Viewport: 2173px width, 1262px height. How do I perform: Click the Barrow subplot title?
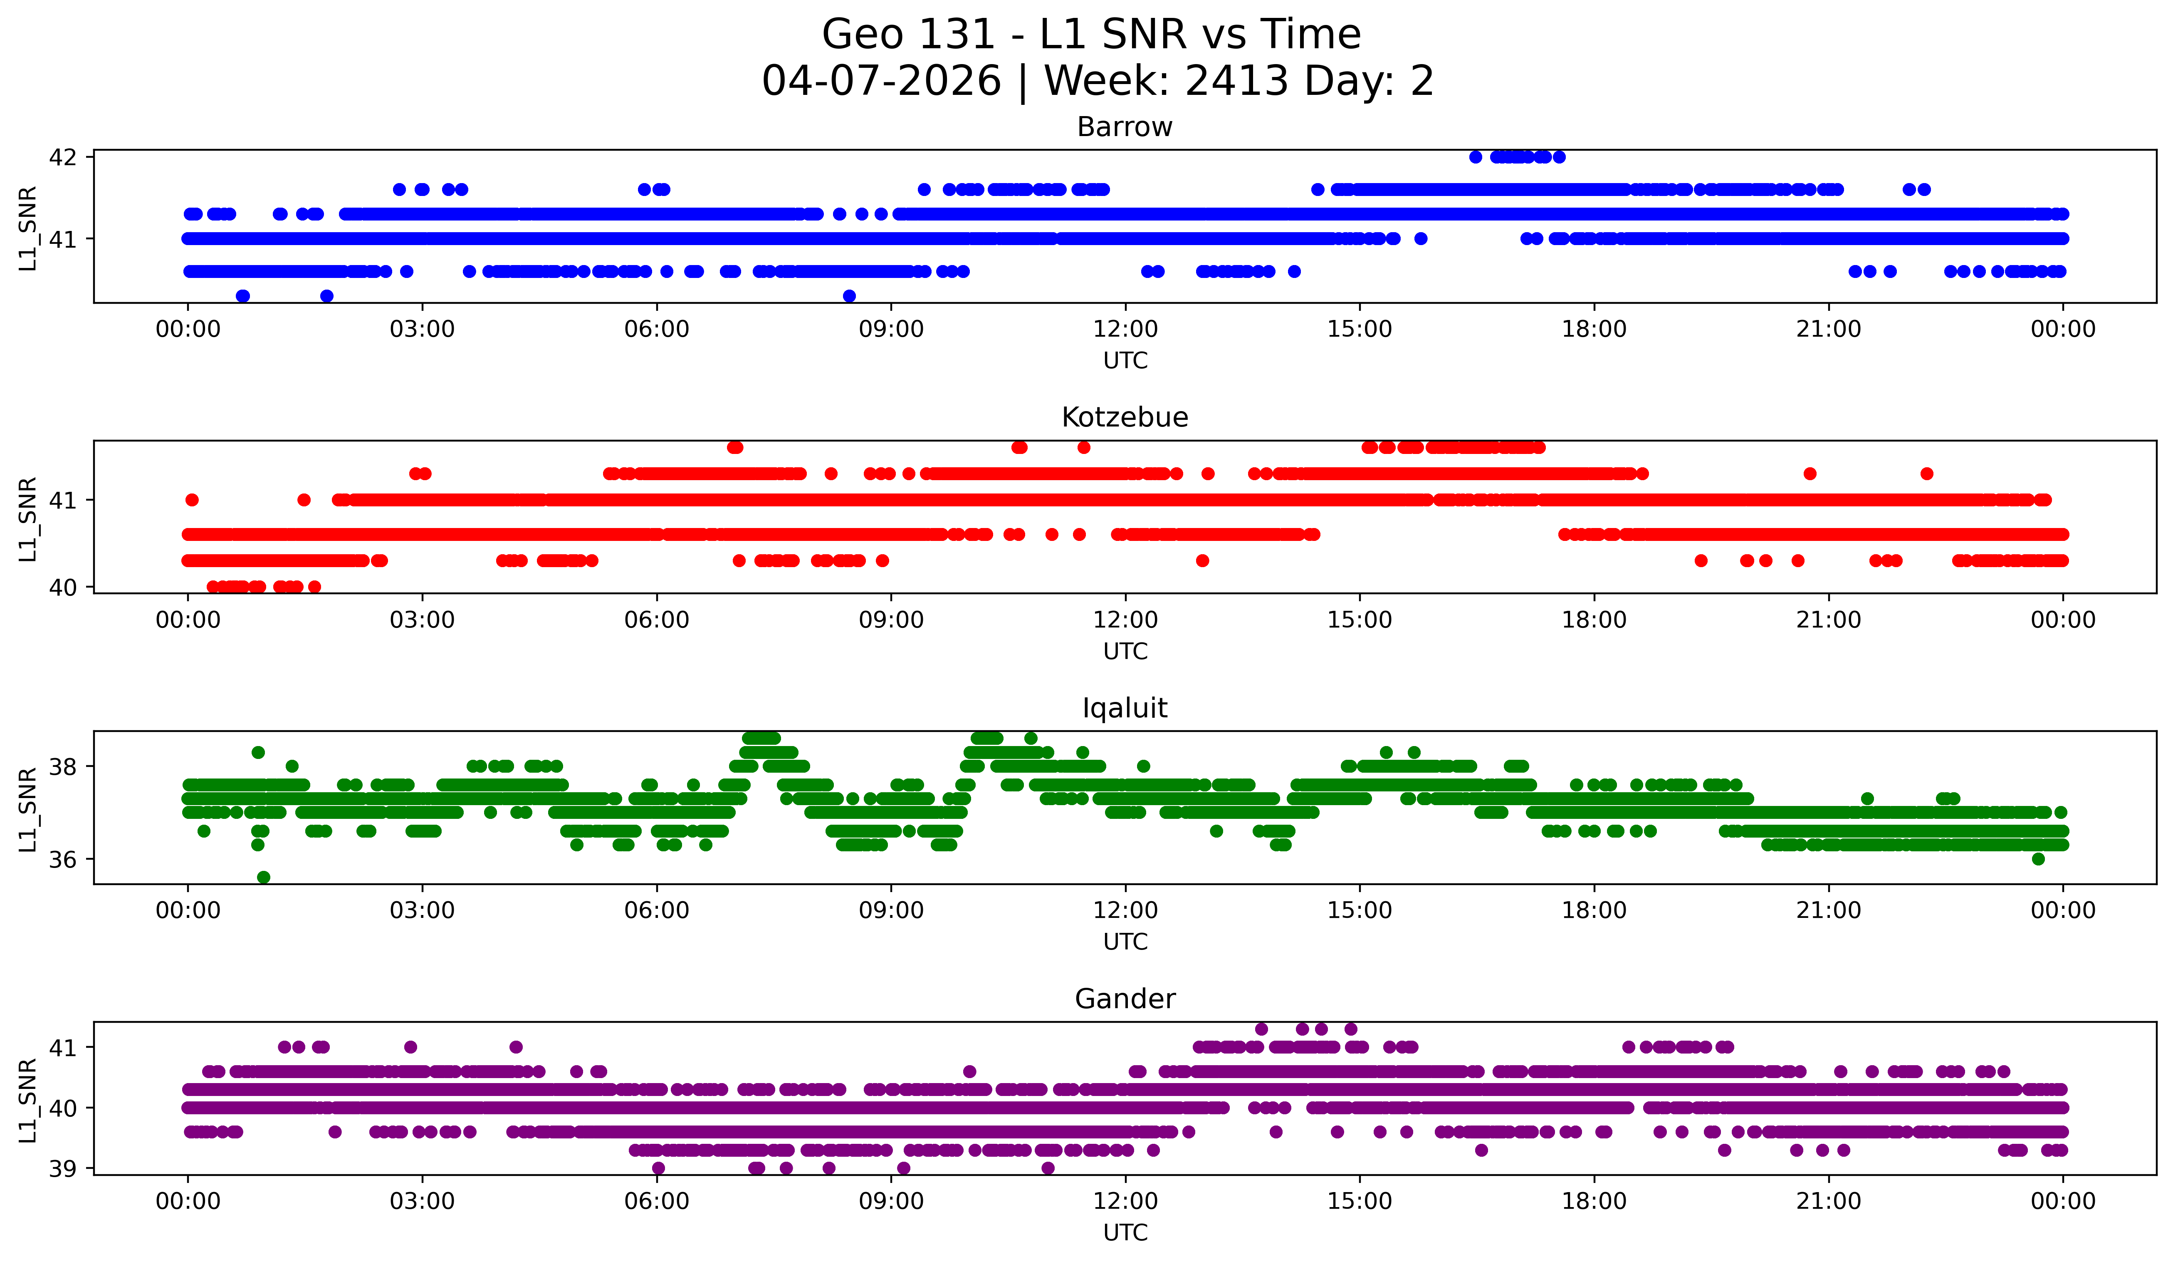point(1125,127)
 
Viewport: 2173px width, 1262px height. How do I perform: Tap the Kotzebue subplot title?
point(1125,417)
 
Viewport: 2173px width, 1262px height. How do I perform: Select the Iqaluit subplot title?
point(1125,708)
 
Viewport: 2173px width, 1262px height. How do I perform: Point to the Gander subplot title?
point(1125,999)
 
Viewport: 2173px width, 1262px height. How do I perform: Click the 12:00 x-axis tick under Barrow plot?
point(1125,330)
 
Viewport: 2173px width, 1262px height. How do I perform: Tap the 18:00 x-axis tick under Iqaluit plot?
point(1594,911)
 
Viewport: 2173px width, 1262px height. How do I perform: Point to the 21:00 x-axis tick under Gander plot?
point(1828,1202)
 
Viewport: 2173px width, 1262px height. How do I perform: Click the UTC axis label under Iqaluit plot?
point(1125,942)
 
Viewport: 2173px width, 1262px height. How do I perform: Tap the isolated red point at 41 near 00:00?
point(192,500)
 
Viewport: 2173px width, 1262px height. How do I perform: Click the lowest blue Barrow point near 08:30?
point(849,296)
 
